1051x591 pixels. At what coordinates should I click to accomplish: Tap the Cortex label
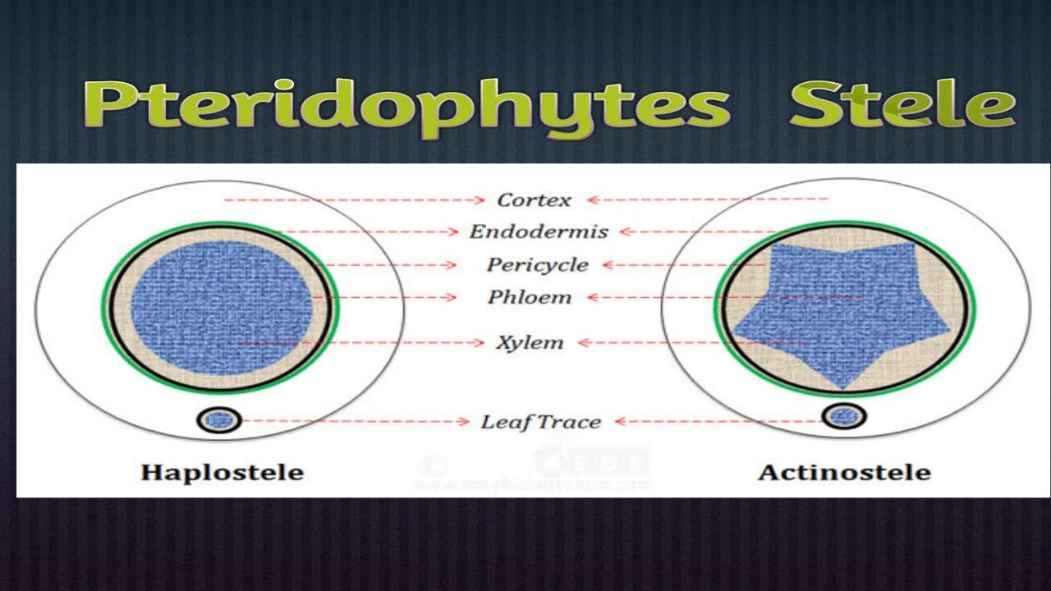coord(534,199)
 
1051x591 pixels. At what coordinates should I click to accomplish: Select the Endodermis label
coord(539,231)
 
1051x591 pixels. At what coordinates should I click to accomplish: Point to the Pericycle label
coord(537,265)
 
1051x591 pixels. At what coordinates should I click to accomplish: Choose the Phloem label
coord(530,297)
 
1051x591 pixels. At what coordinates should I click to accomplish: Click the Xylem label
coord(530,342)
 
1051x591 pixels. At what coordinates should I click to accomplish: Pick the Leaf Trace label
coord(540,422)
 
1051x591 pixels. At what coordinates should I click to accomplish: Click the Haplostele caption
coord(222,473)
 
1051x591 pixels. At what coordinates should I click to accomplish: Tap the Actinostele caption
coord(844,473)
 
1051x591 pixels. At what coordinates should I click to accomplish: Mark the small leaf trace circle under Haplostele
coord(219,420)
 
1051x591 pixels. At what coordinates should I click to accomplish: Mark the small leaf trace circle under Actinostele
coord(842,417)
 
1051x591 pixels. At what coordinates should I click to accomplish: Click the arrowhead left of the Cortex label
coord(485,199)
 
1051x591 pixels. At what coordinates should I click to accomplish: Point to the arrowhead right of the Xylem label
coord(583,342)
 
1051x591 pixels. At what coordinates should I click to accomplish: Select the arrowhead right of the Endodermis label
coord(622,231)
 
